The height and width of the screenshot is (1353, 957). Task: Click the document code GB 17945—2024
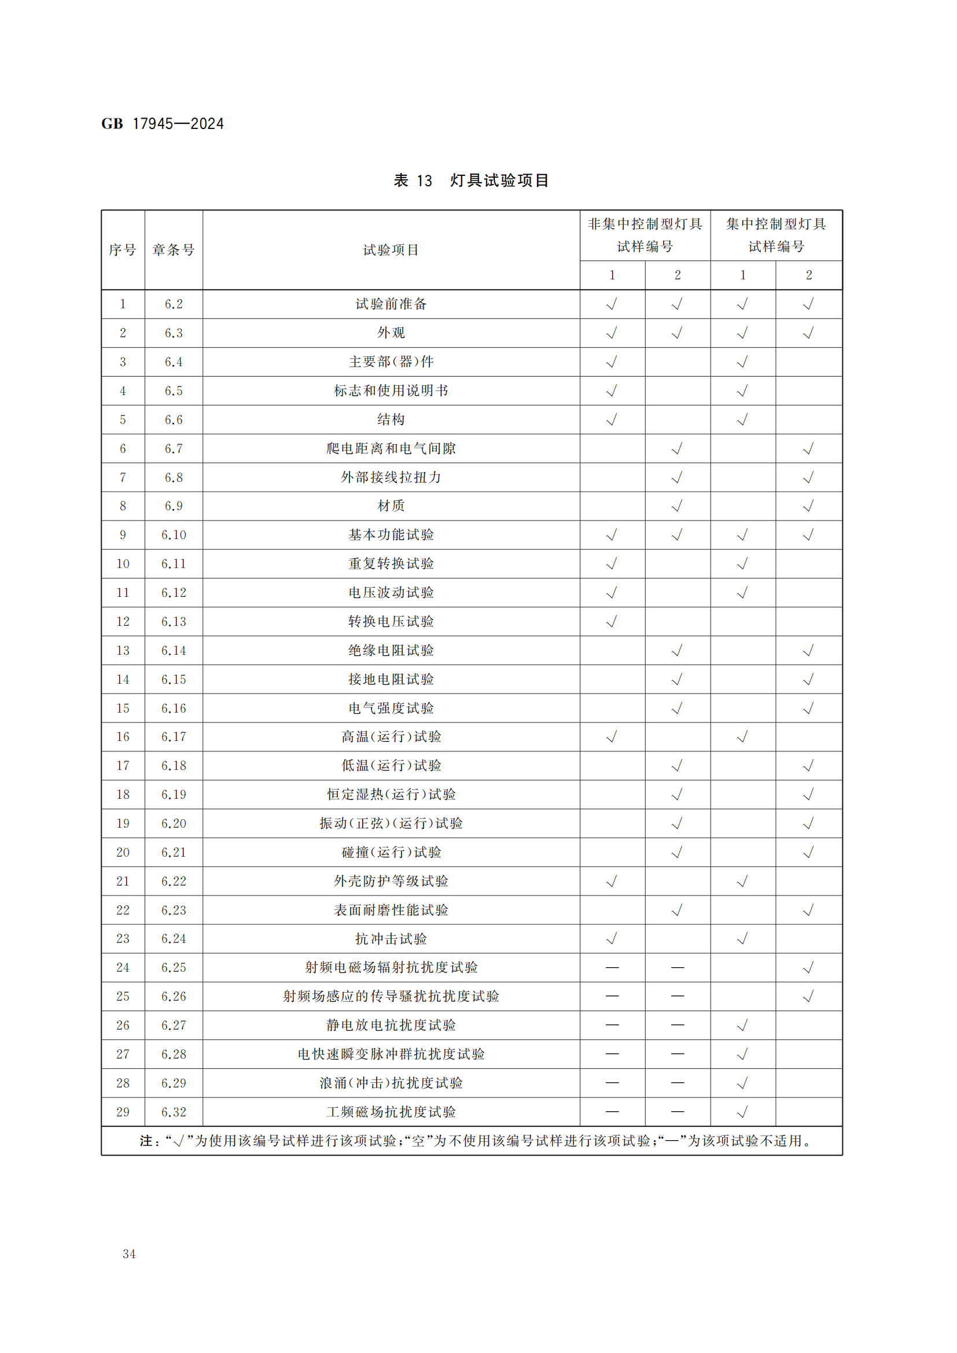pyautogui.click(x=163, y=124)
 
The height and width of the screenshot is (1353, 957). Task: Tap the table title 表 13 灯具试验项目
pyautogui.click(x=471, y=180)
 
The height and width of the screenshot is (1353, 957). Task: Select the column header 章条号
pyautogui.click(x=173, y=250)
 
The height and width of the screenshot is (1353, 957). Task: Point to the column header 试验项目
pyautogui.click(x=391, y=250)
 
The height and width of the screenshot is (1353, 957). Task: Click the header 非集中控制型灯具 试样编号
pyautogui.click(x=645, y=235)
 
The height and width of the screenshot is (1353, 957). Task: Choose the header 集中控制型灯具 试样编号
pyautogui.click(x=775, y=235)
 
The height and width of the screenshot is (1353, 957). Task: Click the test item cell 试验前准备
pyautogui.click(x=391, y=304)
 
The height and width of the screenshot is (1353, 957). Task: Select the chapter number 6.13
pyautogui.click(x=173, y=622)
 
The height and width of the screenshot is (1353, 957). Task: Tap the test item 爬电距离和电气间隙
pyautogui.click(x=391, y=448)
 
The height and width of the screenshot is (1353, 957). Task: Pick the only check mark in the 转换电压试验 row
pyautogui.click(x=612, y=622)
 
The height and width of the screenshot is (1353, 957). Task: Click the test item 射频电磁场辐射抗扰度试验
pyautogui.click(x=391, y=968)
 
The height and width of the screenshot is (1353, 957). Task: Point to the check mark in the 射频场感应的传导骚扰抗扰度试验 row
pyautogui.click(x=808, y=997)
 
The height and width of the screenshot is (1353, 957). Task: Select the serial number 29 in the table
pyautogui.click(x=123, y=1112)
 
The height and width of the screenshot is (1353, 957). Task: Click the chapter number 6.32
pyautogui.click(x=173, y=1112)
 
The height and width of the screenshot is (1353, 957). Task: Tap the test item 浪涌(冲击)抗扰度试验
pyautogui.click(x=391, y=1083)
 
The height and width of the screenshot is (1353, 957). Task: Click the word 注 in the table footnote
pyautogui.click(x=146, y=1141)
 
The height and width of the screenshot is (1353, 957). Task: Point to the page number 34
pyautogui.click(x=129, y=1254)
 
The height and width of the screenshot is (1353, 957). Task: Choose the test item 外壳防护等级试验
pyautogui.click(x=391, y=881)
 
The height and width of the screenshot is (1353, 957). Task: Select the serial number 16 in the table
pyautogui.click(x=123, y=736)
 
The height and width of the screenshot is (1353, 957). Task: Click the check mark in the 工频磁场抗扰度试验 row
pyautogui.click(x=742, y=1112)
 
